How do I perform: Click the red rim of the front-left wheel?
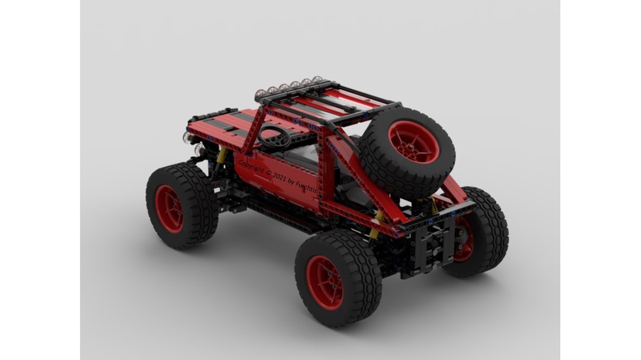click(x=169, y=209)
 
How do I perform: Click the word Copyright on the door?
click(x=251, y=167)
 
